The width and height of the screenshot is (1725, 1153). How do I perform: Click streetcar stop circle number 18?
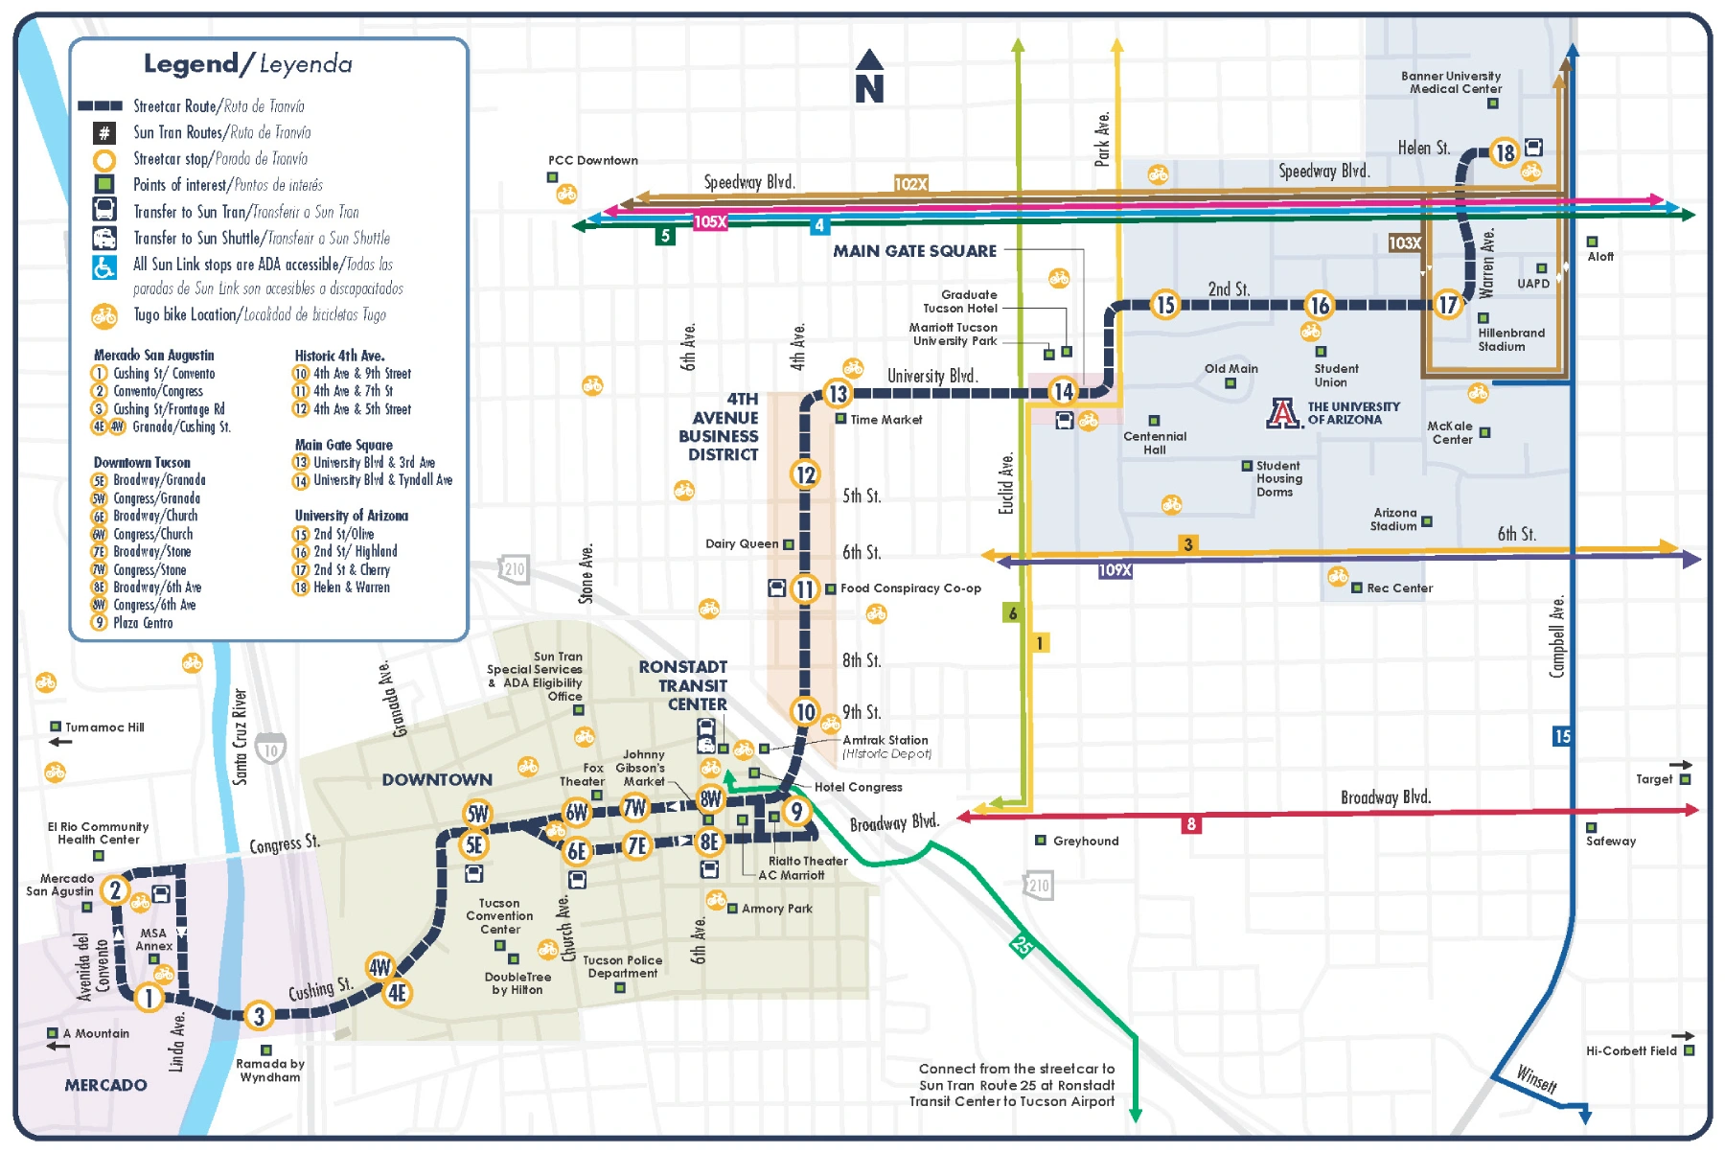pos(1505,152)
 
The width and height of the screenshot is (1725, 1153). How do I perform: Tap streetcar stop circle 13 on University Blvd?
pos(838,394)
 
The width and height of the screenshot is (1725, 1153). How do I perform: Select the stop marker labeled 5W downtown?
pos(477,814)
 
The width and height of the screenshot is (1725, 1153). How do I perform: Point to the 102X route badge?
pos(910,183)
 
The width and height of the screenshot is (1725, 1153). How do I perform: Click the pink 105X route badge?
pos(710,221)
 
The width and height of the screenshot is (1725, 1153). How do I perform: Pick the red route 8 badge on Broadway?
pos(1191,824)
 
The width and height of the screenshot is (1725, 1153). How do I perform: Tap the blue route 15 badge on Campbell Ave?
pos(1562,736)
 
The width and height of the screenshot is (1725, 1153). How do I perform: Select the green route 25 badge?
pos(1023,945)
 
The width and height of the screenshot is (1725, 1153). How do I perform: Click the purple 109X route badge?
pos(1115,570)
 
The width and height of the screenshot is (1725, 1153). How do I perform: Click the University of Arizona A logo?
pos(1283,413)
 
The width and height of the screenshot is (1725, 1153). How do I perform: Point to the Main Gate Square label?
pos(914,251)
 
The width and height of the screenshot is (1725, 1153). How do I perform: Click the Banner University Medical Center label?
pos(1452,82)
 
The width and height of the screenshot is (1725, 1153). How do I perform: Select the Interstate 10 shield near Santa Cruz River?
pos(271,749)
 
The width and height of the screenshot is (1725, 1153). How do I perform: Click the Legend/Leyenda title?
pos(247,64)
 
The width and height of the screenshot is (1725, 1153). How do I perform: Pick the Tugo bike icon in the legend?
pos(103,315)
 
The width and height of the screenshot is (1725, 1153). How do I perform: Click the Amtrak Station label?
pos(885,740)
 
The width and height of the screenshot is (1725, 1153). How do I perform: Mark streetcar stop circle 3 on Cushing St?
pos(259,1015)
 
